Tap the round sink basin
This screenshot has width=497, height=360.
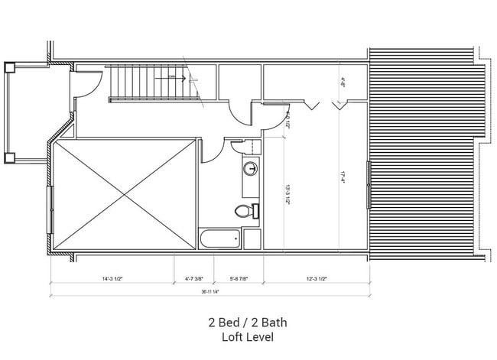(250, 169)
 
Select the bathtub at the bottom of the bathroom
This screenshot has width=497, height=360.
(219, 239)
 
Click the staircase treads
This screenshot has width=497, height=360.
(145, 81)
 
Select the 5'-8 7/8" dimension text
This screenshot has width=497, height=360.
(241, 278)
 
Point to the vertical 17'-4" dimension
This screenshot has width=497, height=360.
(343, 177)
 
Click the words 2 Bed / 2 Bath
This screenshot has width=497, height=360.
(247, 323)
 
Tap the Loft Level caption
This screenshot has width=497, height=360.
(247, 336)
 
